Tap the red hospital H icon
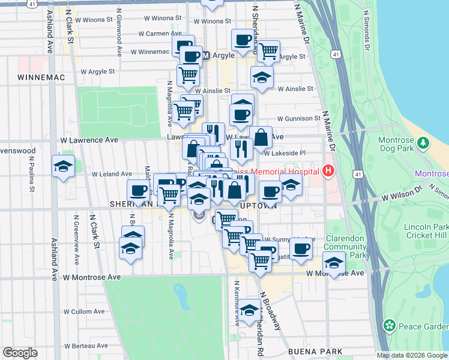point(328,171)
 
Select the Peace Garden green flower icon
point(390,326)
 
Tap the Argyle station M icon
point(206,56)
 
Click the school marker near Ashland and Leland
point(62,167)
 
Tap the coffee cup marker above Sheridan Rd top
point(243,40)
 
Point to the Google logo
point(20,353)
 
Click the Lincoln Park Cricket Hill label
point(426,231)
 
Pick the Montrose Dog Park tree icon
point(423,143)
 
